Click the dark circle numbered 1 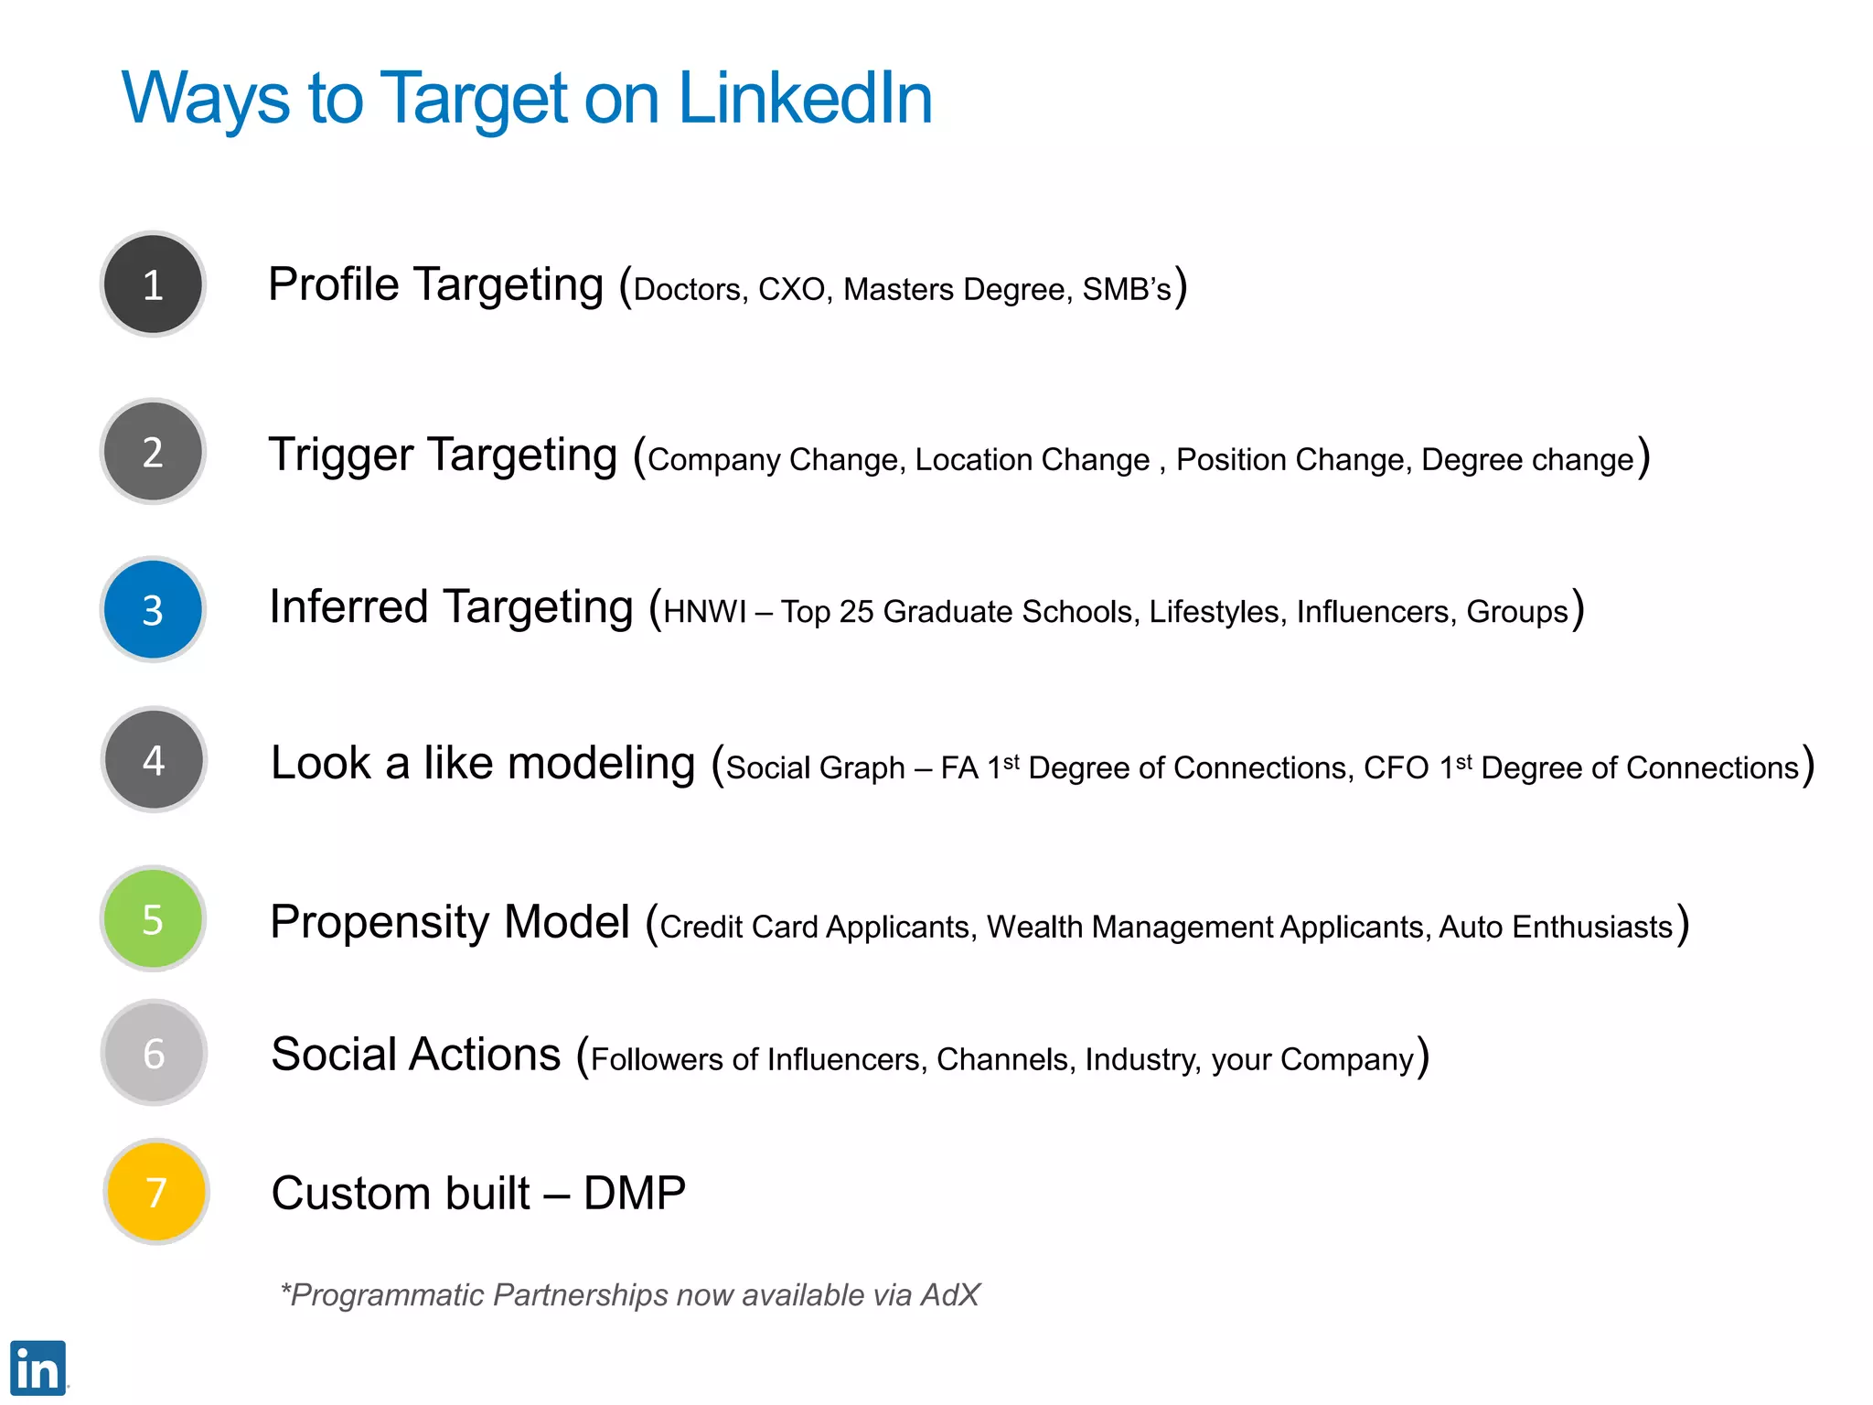pyautogui.click(x=153, y=284)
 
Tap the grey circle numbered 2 pyautogui.click(x=153, y=452)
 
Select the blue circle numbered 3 pyautogui.click(x=153, y=609)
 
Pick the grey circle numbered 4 pyautogui.click(x=154, y=759)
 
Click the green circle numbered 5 pyautogui.click(x=153, y=918)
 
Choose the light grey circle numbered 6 pyautogui.click(x=154, y=1053)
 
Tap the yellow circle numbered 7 pyautogui.click(x=156, y=1192)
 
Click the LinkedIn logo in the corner pyautogui.click(x=37, y=1367)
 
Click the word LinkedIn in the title pyautogui.click(x=805, y=98)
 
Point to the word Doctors pyautogui.click(x=687, y=290)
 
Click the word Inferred pyautogui.click(x=348, y=606)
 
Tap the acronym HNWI pyautogui.click(x=705, y=612)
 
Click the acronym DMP pyautogui.click(x=635, y=1194)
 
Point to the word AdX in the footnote pyautogui.click(x=950, y=1295)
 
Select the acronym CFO pyautogui.click(x=1396, y=768)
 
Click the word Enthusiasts pyautogui.click(x=1592, y=928)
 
